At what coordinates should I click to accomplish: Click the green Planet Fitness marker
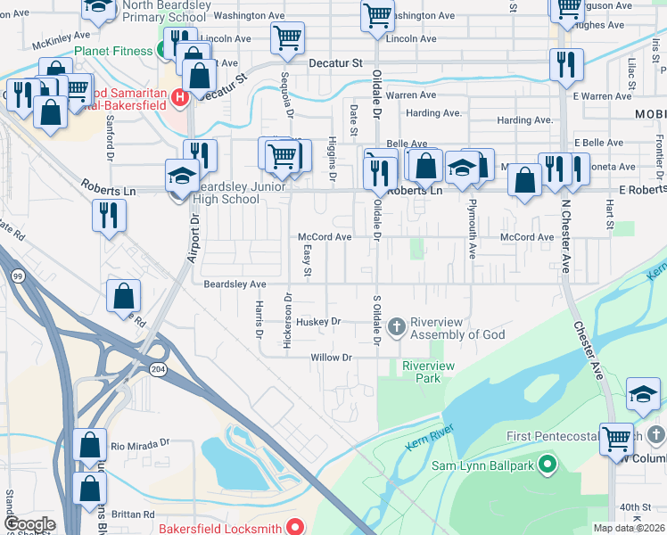(x=165, y=51)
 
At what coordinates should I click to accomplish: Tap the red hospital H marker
(x=180, y=96)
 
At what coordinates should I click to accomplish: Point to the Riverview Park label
(x=428, y=372)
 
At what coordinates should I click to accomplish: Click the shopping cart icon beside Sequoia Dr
(x=286, y=38)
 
